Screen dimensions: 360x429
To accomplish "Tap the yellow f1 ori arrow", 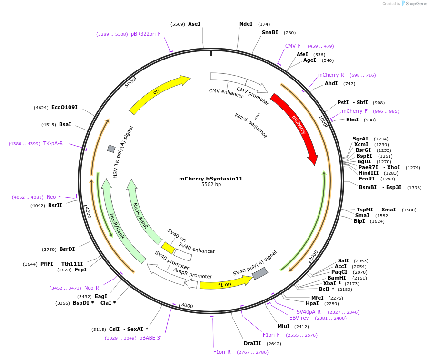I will (x=225, y=284).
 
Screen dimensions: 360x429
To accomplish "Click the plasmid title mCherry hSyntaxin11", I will (x=211, y=179).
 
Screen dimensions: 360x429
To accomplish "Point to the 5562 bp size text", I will (x=211, y=185).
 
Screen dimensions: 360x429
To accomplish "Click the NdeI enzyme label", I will (x=246, y=24).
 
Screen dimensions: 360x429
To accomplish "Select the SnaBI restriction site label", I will (x=269, y=33).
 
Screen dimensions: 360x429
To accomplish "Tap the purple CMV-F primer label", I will (x=293, y=46).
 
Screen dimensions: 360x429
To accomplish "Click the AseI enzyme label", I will (x=194, y=24).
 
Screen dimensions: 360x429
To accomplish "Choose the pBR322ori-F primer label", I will (x=146, y=34).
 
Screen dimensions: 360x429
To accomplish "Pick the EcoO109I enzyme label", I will (x=64, y=108).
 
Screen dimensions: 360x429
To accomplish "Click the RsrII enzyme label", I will (x=55, y=206).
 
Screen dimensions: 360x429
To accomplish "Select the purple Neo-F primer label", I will (x=54, y=197).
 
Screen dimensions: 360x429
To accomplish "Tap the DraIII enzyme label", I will (x=252, y=343).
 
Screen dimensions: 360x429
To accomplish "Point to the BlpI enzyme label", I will (x=359, y=221).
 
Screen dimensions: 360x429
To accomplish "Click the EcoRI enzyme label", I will (x=367, y=179).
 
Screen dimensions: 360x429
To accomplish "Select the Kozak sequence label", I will (x=251, y=125).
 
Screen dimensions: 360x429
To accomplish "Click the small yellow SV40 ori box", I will (x=168, y=248).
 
